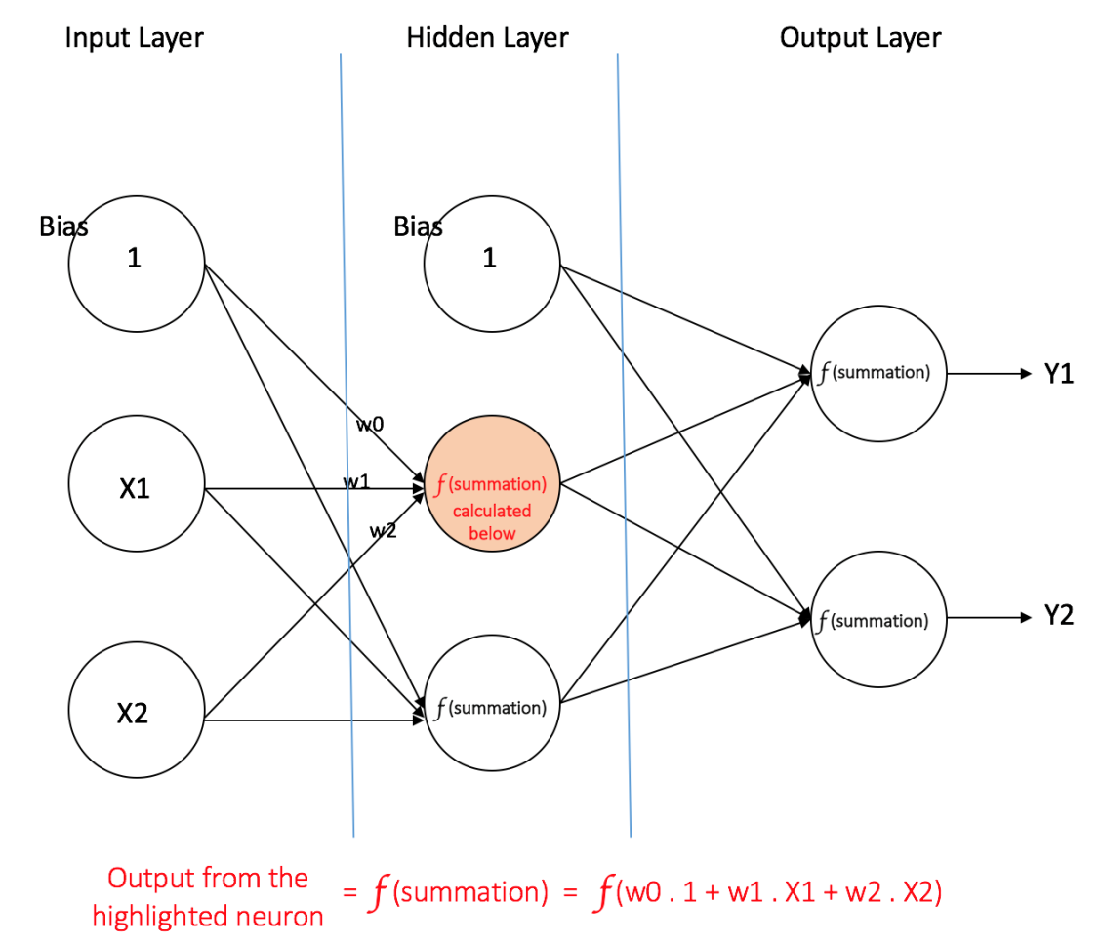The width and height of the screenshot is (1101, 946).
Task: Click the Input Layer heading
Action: click(x=134, y=39)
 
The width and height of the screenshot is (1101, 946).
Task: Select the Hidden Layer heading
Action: click(x=487, y=39)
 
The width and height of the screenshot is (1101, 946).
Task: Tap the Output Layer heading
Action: click(x=860, y=39)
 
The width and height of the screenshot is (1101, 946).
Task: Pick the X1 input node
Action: click(x=136, y=488)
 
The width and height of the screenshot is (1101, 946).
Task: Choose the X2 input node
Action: click(x=136, y=714)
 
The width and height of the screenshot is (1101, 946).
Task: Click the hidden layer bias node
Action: click(x=491, y=259)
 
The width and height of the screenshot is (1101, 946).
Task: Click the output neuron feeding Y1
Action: click(x=877, y=373)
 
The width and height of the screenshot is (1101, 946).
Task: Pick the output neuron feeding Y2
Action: click(x=877, y=619)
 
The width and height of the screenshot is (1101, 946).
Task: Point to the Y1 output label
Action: click(x=1058, y=374)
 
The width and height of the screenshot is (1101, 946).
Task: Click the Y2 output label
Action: click(x=1058, y=617)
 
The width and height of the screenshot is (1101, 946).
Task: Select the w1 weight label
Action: click(x=355, y=480)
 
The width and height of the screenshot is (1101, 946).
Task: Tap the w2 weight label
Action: click(x=383, y=530)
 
